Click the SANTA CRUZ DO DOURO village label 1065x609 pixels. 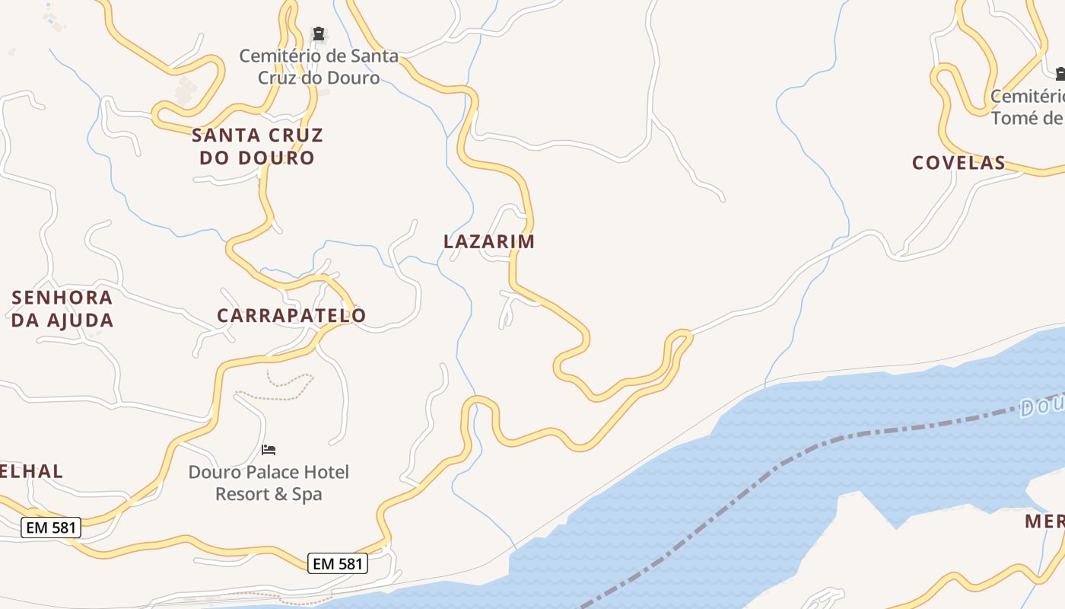[257, 146]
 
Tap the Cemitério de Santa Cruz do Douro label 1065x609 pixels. [318, 67]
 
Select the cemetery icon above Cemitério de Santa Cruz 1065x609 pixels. [319, 33]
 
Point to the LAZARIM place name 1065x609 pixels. [489, 241]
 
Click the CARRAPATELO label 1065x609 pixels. [291, 315]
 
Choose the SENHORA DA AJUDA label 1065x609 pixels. [62, 308]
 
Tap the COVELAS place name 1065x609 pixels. [958, 162]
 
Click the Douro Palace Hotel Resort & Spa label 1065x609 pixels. [269, 483]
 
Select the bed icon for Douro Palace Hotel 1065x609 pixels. [269, 450]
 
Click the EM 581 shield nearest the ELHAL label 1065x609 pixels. [51, 528]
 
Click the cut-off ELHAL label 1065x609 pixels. [31, 471]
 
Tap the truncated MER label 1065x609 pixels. [1044, 521]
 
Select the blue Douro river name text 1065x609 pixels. [1042, 406]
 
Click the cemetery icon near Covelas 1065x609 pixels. [1060, 74]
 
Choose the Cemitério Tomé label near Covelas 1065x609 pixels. [1027, 107]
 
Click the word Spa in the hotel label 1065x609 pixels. [307, 494]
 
